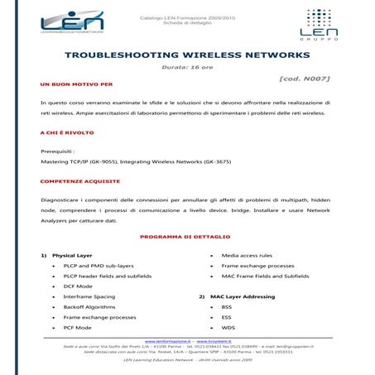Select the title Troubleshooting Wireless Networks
(x=187, y=55)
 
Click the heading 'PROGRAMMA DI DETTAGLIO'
(x=186, y=237)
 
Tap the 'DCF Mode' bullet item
(x=78, y=286)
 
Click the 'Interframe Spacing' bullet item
(x=89, y=296)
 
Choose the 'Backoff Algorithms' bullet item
(x=90, y=306)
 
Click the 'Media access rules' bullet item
(x=247, y=255)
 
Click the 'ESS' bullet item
(x=226, y=317)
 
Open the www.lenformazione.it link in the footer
(x=168, y=340)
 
